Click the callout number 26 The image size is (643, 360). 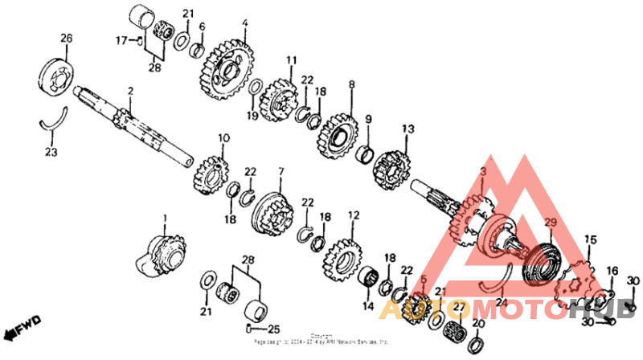(66, 38)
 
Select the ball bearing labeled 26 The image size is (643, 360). (56, 79)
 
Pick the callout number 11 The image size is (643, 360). (291, 60)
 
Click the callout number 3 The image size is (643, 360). (483, 172)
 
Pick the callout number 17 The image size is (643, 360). (121, 39)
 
